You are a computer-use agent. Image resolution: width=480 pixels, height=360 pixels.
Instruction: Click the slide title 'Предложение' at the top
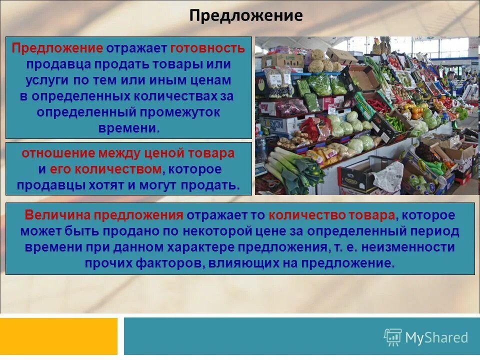(245, 16)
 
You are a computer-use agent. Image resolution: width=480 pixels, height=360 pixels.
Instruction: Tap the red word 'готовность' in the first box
(207, 48)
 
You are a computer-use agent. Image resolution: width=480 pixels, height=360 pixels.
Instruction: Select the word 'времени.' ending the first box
(129, 128)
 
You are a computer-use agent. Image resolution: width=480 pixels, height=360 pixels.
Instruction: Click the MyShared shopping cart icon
(392, 337)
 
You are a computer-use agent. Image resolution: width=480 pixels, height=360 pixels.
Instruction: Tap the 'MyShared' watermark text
(436, 337)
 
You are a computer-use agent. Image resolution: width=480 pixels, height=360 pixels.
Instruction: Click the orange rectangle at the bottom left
(58, 336)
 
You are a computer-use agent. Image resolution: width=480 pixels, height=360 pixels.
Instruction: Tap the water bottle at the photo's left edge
(260, 145)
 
